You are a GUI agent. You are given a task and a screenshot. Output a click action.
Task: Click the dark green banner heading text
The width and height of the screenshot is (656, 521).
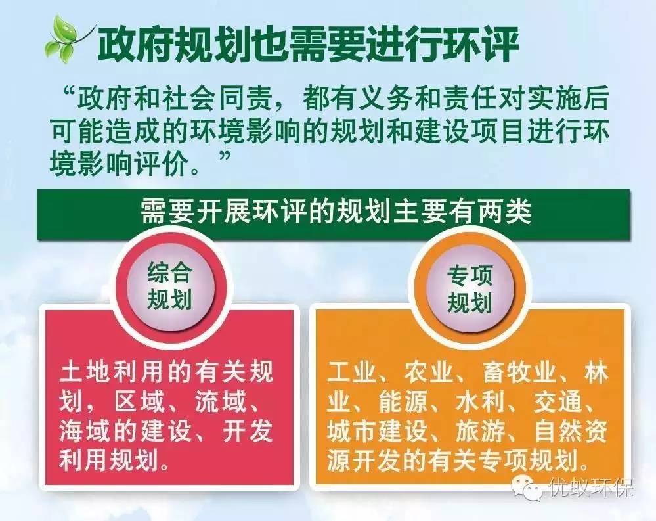click(335, 214)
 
